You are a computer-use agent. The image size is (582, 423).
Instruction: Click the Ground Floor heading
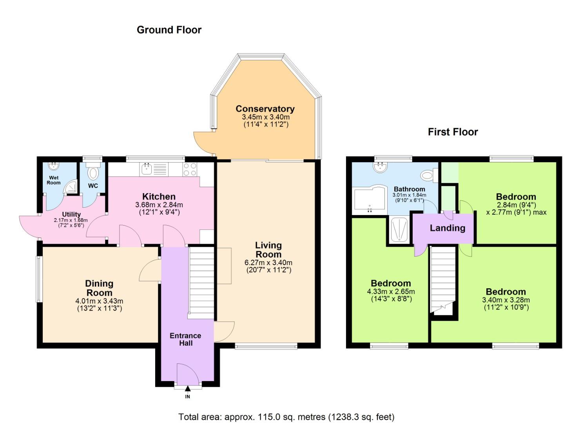pos(169,30)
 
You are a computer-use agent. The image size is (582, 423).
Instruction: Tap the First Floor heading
pos(453,132)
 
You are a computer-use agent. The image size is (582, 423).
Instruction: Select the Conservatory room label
pos(265,109)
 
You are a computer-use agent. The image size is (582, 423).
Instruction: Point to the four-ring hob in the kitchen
pos(190,170)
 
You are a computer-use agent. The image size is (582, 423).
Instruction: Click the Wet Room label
pos(54,180)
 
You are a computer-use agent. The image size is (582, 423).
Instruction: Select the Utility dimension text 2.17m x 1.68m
pos(71,221)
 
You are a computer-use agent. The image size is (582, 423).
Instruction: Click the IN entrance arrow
pos(188,389)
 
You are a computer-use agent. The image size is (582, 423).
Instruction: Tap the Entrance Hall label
pos(185,339)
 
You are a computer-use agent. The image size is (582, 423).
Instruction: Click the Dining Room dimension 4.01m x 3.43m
pos(99,301)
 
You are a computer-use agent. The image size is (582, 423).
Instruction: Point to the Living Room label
pos(268,249)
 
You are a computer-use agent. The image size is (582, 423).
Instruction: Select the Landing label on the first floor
pos(447,228)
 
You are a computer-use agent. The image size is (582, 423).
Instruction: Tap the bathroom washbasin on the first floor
pos(379,168)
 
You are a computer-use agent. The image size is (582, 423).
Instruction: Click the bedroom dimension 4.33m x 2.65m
pos(391,291)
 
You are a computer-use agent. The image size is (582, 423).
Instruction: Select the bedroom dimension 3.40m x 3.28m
pos(506,300)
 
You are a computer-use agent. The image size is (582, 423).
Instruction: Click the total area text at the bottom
pos(286,417)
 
